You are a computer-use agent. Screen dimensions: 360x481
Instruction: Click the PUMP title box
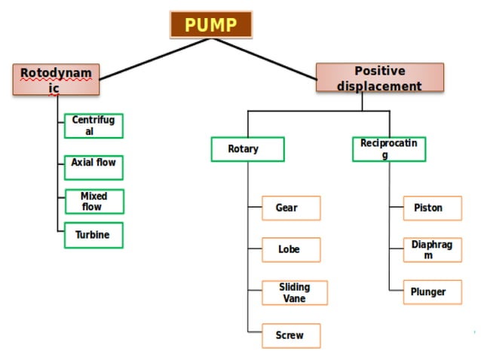[211, 25]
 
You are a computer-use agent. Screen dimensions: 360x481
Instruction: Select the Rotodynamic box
[56, 80]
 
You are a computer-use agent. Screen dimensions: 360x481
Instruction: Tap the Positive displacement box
[379, 78]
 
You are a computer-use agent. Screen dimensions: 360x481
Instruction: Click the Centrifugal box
[93, 126]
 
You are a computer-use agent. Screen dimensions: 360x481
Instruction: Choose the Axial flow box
[93, 163]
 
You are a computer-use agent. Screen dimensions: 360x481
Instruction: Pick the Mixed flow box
[93, 201]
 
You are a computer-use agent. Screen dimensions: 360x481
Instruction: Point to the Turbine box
[93, 235]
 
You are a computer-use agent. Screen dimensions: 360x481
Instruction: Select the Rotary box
[247, 149]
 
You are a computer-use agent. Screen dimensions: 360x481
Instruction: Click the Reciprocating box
[388, 149]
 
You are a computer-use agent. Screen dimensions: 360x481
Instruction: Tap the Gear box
[291, 208]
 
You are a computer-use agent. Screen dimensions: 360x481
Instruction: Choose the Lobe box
[291, 249]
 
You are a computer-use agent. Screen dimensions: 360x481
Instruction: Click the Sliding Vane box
[294, 292]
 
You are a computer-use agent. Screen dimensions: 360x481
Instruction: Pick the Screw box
[291, 335]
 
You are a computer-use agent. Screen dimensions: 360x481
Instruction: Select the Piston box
[427, 208]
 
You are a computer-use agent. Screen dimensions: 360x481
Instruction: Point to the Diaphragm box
[427, 250]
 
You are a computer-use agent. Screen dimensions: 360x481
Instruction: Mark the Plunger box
[427, 292]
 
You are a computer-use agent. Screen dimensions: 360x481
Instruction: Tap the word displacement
[379, 86]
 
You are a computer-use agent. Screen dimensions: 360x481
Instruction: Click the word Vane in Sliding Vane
[294, 298]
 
